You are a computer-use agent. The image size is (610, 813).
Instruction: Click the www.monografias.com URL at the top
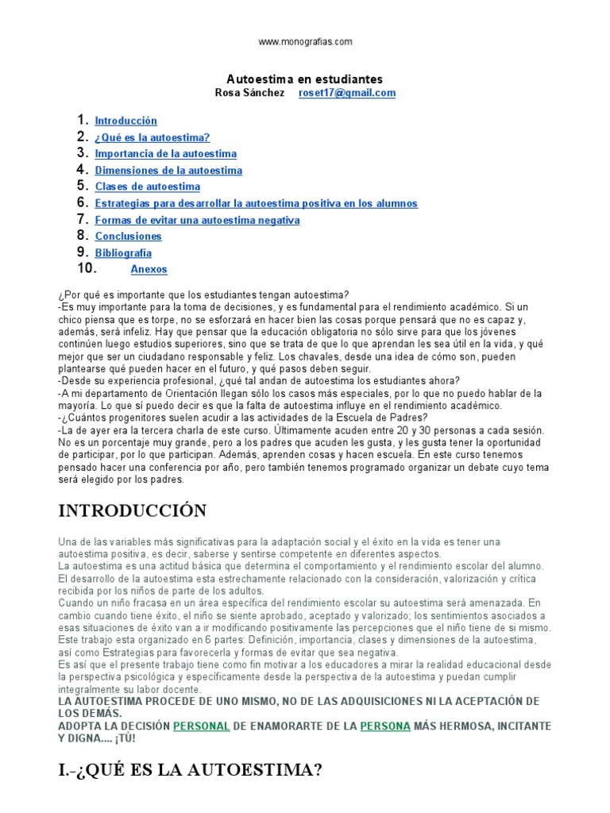(x=305, y=41)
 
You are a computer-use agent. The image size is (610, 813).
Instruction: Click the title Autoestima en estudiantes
(x=305, y=79)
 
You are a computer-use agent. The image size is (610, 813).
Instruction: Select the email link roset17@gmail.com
(x=346, y=93)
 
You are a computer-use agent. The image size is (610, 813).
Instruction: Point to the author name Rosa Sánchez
(x=249, y=93)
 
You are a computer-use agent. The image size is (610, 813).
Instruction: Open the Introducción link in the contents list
(x=125, y=121)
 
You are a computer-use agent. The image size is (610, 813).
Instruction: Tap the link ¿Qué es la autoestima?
(x=152, y=138)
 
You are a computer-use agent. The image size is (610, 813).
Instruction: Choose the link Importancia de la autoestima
(x=165, y=154)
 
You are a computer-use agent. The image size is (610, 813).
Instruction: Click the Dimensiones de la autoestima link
(x=168, y=171)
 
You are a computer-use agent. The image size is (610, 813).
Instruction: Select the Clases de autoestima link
(x=147, y=187)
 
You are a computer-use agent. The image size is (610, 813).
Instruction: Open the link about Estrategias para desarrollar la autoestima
(x=256, y=204)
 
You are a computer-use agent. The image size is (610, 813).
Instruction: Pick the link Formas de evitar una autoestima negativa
(x=197, y=220)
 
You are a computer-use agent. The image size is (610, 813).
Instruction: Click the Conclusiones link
(x=128, y=237)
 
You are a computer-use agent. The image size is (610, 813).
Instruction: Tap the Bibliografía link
(x=123, y=253)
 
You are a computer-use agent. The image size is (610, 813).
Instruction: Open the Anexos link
(x=149, y=270)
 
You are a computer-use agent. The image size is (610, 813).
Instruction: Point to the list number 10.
(x=87, y=268)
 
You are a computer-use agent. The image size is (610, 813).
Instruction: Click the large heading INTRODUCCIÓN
(x=133, y=510)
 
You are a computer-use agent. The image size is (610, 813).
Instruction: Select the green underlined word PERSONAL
(x=201, y=726)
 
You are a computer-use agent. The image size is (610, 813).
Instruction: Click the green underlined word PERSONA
(x=386, y=726)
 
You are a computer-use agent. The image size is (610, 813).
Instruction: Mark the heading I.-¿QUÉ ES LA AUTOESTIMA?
(x=191, y=769)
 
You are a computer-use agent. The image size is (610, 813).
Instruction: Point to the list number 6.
(x=82, y=202)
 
